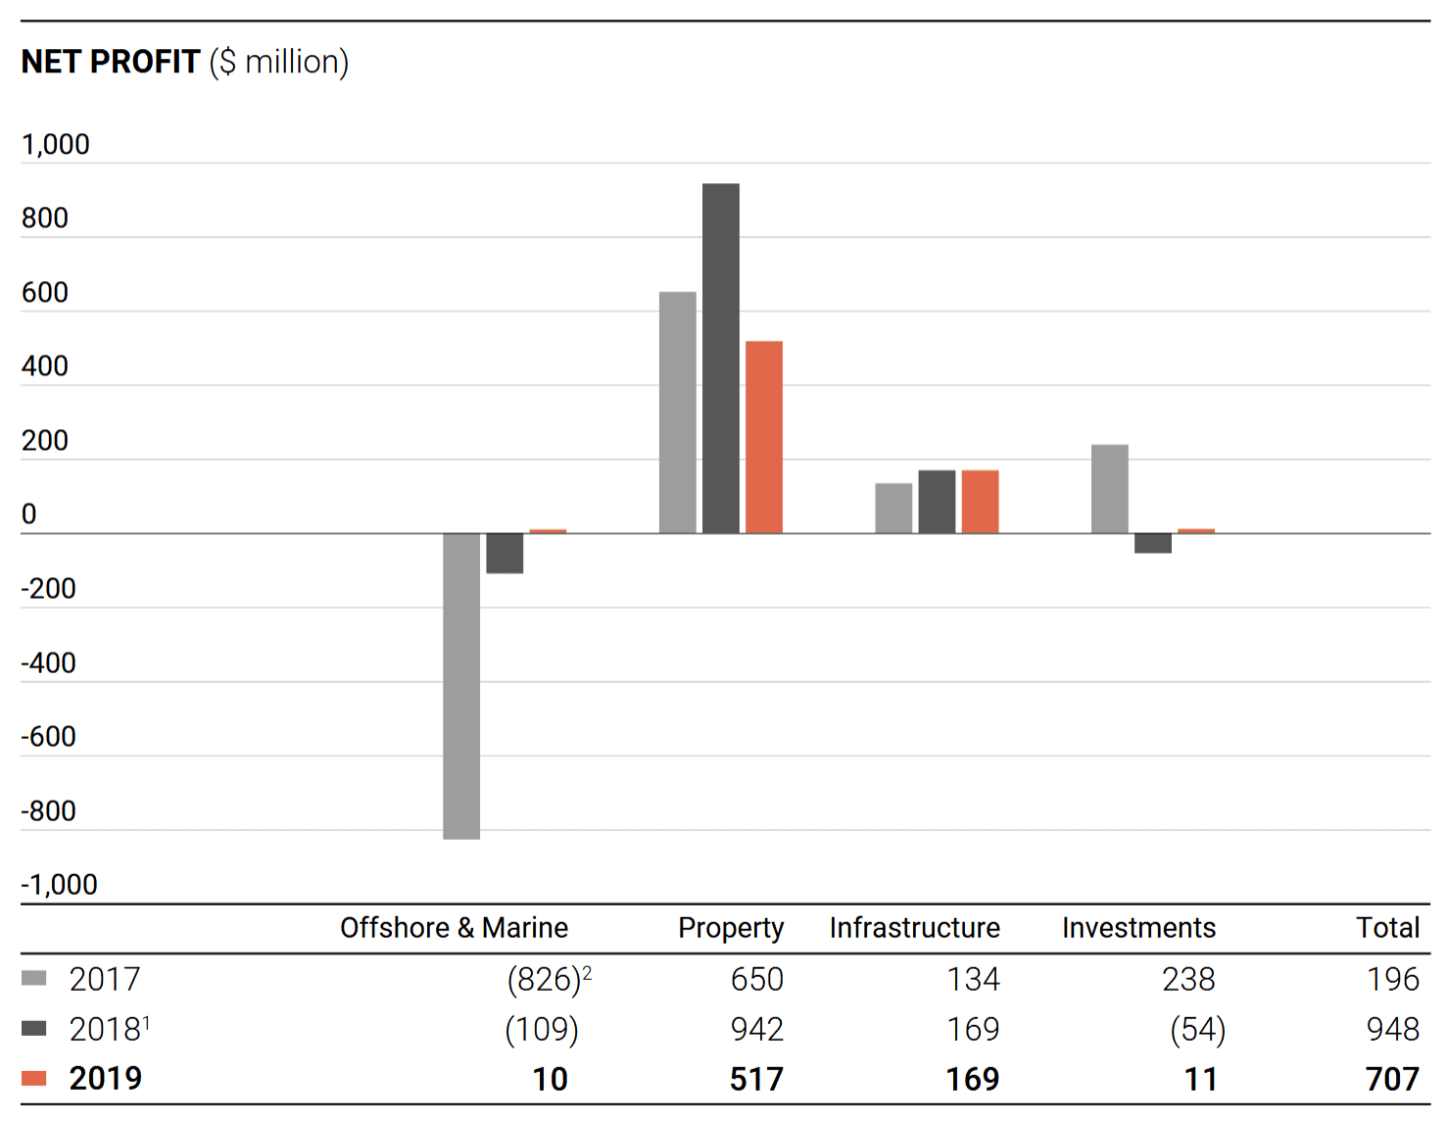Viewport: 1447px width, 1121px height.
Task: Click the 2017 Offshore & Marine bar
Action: coord(460,685)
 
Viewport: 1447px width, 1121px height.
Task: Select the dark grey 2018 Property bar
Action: coord(720,359)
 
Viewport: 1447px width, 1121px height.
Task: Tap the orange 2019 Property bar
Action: coord(764,437)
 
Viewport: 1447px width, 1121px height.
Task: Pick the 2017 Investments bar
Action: coord(1109,489)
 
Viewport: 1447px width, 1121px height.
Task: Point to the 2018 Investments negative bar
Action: coord(1153,543)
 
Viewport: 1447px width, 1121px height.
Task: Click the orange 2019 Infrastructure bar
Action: coord(981,502)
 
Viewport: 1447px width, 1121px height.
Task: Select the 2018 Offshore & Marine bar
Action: coord(505,553)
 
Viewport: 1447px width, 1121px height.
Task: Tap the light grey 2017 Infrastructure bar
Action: coord(893,509)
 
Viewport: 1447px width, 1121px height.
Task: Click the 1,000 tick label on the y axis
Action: coord(55,144)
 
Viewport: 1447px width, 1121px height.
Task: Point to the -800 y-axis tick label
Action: coord(49,810)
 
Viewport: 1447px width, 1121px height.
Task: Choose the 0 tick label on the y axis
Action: coord(28,513)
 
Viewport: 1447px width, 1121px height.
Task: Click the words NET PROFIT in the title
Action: coord(111,62)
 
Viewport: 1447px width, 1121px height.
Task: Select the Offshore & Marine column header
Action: coord(455,927)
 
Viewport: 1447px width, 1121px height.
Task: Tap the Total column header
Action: coord(1388,927)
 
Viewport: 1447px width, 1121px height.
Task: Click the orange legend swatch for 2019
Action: coord(33,1078)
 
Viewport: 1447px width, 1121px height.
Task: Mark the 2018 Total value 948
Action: coord(1392,1029)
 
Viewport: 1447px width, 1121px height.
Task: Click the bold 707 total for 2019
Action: coord(1392,1079)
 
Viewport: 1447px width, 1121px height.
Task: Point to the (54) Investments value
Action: coord(1198,1030)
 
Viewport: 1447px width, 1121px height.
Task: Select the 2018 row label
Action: coord(109,1029)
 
